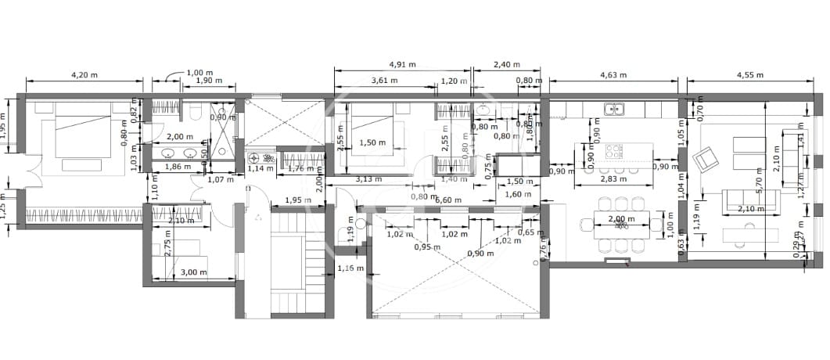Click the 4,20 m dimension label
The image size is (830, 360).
pos(84,75)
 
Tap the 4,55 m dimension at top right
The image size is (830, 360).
pos(749,75)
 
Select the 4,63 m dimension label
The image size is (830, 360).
pos(613,75)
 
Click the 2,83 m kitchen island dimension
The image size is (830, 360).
pos(613,179)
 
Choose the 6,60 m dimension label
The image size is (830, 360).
pos(447,200)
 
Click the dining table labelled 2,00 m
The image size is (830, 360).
pos(622,225)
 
